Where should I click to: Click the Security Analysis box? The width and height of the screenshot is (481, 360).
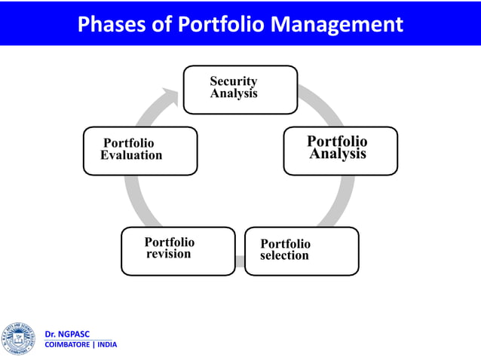(x=240, y=90)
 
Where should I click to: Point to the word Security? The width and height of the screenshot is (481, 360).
(x=233, y=81)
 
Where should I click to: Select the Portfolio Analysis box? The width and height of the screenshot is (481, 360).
(x=340, y=151)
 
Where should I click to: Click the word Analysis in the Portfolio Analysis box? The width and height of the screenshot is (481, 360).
(x=338, y=154)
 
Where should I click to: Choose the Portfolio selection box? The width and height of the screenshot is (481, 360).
(x=302, y=251)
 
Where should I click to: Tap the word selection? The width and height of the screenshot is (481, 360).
(x=284, y=256)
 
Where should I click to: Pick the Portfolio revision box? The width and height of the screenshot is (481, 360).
(x=178, y=251)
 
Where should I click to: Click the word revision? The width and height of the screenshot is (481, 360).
(x=168, y=255)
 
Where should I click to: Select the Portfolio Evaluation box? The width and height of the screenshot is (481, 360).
(x=140, y=151)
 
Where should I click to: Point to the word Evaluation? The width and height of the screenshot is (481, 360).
(x=131, y=156)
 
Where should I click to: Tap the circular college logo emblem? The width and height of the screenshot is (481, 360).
(x=19, y=339)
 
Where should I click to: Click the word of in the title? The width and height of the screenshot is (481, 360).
(x=164, y=25)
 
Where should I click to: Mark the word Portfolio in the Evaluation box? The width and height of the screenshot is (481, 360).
(x=128, y=143)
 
